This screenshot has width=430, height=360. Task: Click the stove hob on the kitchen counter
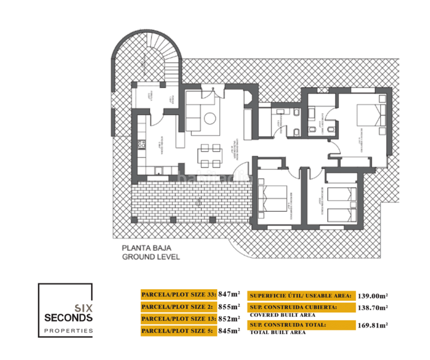[x=142, y=144]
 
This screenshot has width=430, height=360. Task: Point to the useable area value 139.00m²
[x=373, y=295]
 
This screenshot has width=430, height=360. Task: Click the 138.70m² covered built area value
[x=373, y=307]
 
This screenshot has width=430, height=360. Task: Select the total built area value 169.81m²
[x=373, y=325]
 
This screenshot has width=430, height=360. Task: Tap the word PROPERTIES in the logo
[x=69, y=330]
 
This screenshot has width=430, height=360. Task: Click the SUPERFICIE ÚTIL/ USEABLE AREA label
[x=300, y=295]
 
